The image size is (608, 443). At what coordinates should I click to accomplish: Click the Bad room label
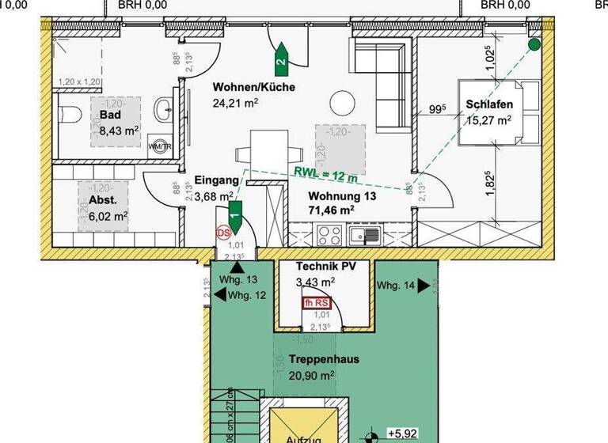(110, 115)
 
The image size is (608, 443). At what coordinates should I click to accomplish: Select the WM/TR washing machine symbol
(158, 146)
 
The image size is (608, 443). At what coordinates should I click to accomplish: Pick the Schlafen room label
(489, 105)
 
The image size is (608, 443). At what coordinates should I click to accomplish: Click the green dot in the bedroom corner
(534, 45)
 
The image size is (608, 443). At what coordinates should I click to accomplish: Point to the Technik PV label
(325, 267)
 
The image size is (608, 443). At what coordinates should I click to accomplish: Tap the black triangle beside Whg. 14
(424, 286)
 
